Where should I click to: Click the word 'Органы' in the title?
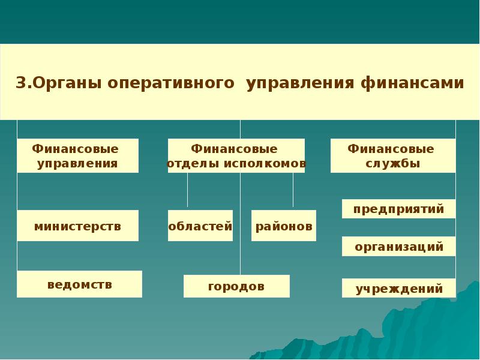tap(67, 83)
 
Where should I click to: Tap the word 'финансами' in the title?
tap(412, 83)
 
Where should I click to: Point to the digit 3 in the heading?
tap(19, 83)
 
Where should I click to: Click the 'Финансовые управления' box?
tap(77, 156)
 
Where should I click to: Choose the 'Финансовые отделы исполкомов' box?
tap(236, 156)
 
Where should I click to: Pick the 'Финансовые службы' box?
tap(392, 156)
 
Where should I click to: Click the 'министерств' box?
tap(77, 226)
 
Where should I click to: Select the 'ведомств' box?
tap(79, 284)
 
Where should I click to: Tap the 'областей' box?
tap(200, 226)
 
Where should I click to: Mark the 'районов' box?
tap(284, 226)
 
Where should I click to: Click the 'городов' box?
tap(236, 286)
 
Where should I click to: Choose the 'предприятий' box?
tap(398, 209)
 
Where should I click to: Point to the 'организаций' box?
tap(398, 246)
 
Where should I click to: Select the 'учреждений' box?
tap(398, 288)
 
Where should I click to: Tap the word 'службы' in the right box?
tap(392, 163)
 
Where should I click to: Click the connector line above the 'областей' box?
tap(187, 191)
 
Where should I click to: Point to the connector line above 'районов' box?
tap(293, 191)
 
